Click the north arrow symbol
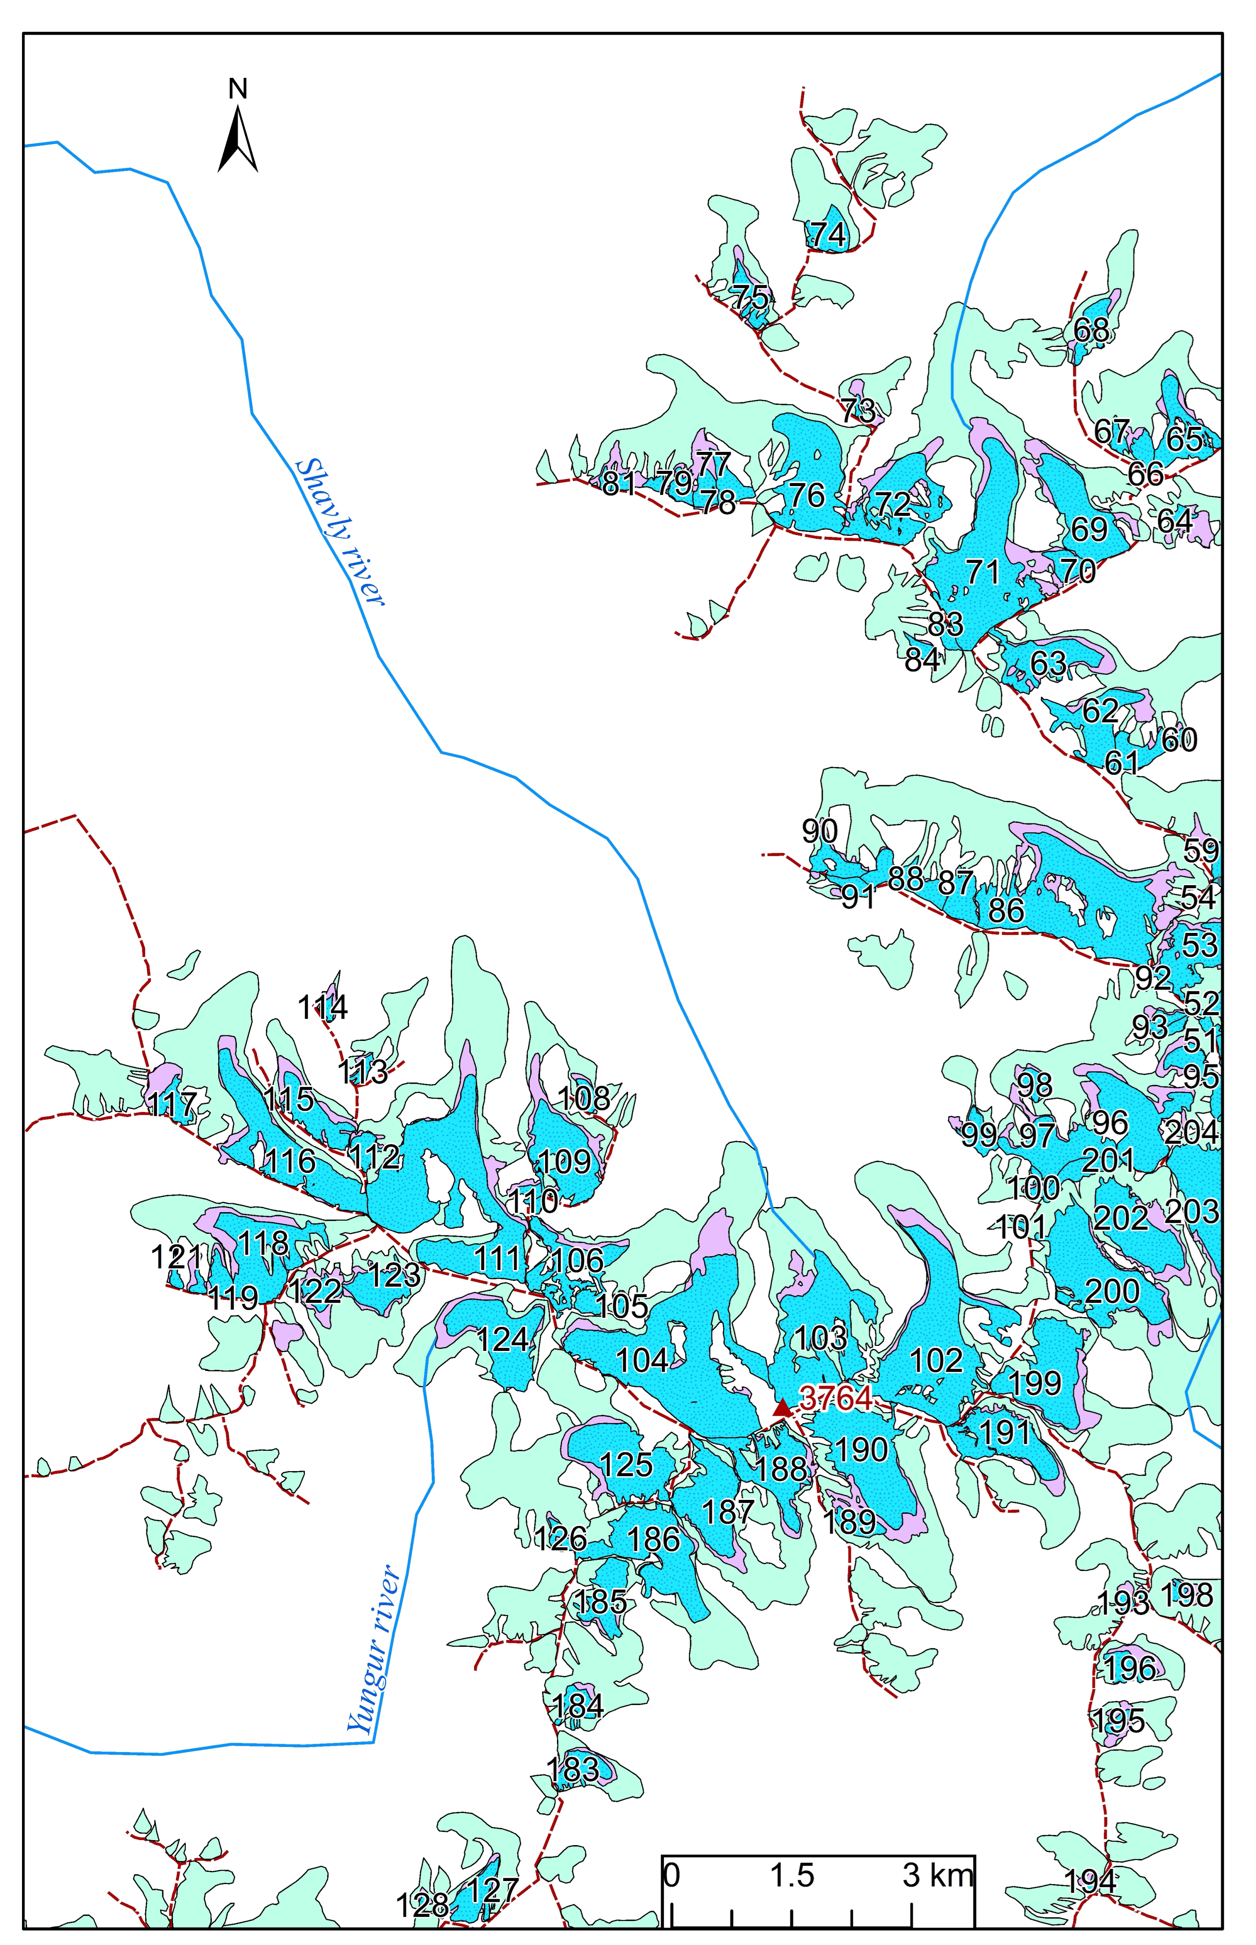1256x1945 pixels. [237, 139]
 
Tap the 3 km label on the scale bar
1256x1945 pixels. [938, 1852]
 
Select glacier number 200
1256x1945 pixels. [1113, 1291]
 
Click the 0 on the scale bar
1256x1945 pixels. [671, 1852]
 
